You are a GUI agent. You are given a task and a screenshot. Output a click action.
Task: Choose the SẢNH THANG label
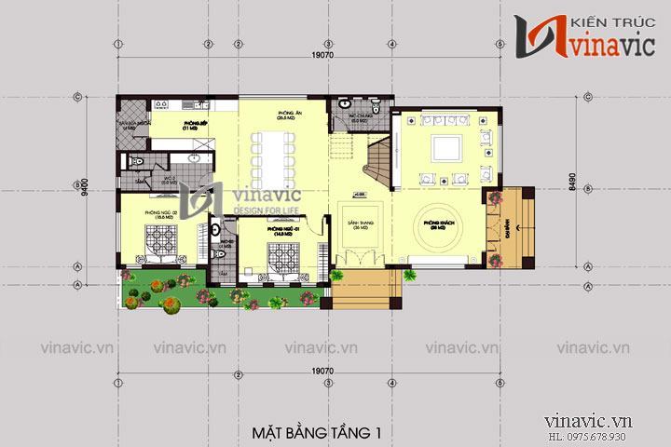coord(354,226)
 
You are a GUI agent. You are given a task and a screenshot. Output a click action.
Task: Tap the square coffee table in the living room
coord(446,149)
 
